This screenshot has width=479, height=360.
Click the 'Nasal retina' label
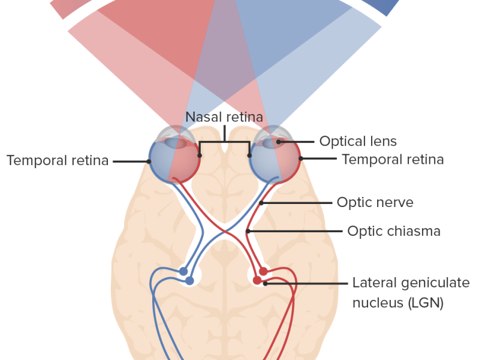[x=224, y=117]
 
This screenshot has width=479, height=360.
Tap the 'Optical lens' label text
[x=358, y=142]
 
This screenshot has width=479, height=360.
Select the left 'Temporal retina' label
[x=58, y=161]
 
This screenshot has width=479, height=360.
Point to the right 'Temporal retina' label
[x=392, y=160]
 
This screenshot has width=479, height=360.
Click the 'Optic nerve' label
[x=375, y=203]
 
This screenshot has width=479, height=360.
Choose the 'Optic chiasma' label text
[x=393, y=231]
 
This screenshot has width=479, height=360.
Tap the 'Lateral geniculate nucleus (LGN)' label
[x=397, y=293]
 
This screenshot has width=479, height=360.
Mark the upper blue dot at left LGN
[x=183, y=271]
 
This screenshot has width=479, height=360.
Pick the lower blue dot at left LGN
[x=189, y=280]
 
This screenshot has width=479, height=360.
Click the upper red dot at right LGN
[x=263, y=271]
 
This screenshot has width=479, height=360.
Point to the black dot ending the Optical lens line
[x=279, y=142]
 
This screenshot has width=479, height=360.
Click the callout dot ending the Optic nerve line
[x=261, y=203]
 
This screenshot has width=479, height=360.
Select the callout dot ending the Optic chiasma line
[x=248, y=231]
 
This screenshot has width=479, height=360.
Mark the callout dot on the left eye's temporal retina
[x=149, y=161]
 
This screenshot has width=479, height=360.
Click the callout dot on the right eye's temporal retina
[x=301, y=159]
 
